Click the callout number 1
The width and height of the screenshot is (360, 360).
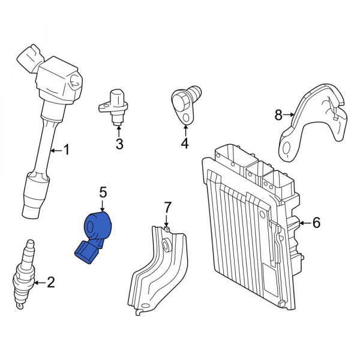pyautogui.click(x=66, y=150)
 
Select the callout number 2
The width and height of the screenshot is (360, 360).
pyautogui.click(x=50, y=281)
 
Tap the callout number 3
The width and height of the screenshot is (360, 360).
pyautogui.click(x=119, y=143)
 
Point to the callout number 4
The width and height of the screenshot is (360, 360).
pyautogui.click(x=184, y=143)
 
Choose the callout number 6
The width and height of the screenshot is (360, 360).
pyautogui.click(x=316, y=223)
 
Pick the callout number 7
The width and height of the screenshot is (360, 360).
pyautogui.click(x=167, y=208)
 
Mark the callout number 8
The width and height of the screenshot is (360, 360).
pyautogui.click(x=278, y=113)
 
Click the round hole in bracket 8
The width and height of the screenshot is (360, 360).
pyautogui.click(x=286, y=146)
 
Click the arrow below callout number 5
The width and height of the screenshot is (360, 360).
pyautogui.click(x=103, y=205)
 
